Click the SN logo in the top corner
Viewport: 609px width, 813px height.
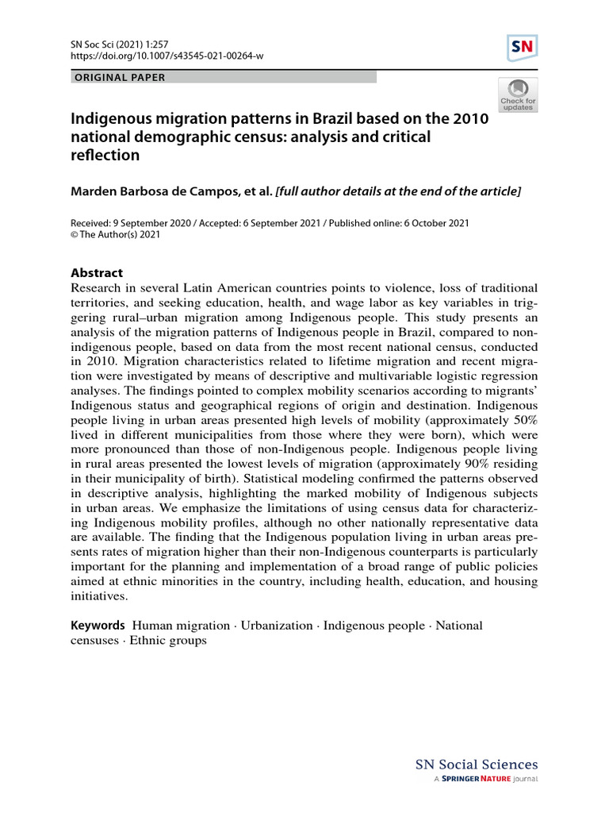coord(522,48)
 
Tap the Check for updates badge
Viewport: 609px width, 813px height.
coord(517,94)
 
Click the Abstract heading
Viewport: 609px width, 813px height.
coord(98,272)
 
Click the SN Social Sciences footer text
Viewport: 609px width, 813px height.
coord(477,765)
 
